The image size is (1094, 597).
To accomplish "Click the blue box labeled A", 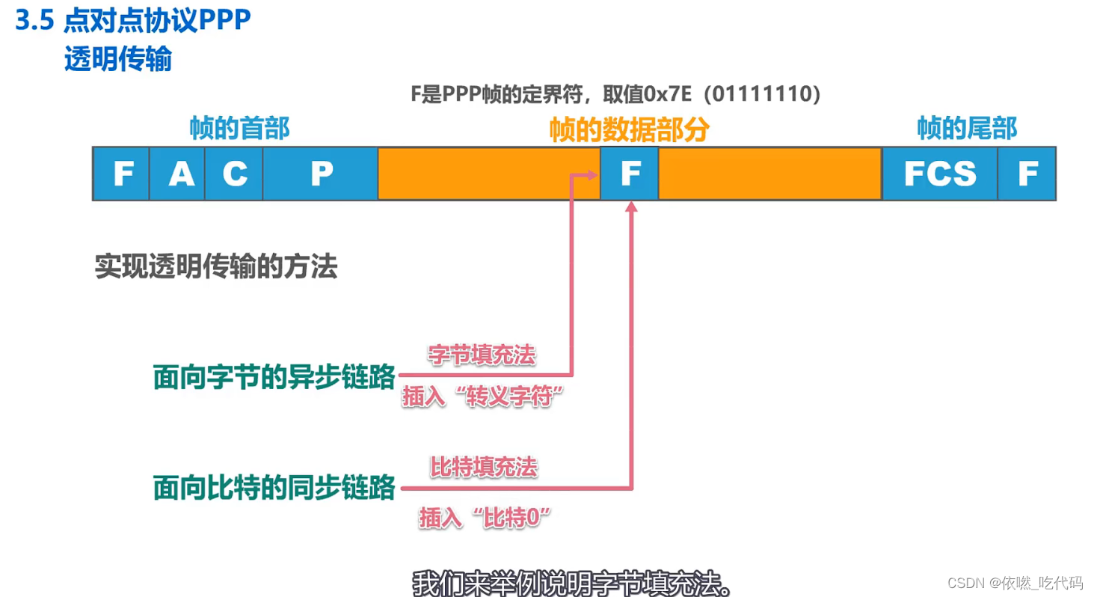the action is pos(177,174).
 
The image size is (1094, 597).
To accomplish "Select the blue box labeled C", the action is pos(233,174).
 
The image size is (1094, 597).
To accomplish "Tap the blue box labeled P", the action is pos(320,174).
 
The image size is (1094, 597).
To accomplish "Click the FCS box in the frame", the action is pos(939,174).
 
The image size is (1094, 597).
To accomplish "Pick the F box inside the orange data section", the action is pos(630,174).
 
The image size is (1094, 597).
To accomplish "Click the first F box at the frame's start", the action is pos(121,174).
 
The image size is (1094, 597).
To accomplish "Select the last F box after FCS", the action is pos(1027,174).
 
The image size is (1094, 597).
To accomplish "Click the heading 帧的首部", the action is pos(239,129).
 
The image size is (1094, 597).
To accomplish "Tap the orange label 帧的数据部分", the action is pos(629,130).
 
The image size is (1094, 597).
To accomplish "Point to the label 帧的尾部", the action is pos(967,129).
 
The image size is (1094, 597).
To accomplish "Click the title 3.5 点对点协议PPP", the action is pos(133,22).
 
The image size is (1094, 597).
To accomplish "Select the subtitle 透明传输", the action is pos(118,59).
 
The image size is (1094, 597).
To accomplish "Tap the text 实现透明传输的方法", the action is pos(216,266).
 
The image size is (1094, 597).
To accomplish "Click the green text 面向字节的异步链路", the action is pos(274,378).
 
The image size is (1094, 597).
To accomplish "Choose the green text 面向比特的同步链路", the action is pos(274,488).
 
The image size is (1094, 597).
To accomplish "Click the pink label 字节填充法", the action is pos(482,355).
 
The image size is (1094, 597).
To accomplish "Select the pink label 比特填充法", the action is pos(483,468).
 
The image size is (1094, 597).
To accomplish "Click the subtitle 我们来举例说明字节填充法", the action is pos(571,581).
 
